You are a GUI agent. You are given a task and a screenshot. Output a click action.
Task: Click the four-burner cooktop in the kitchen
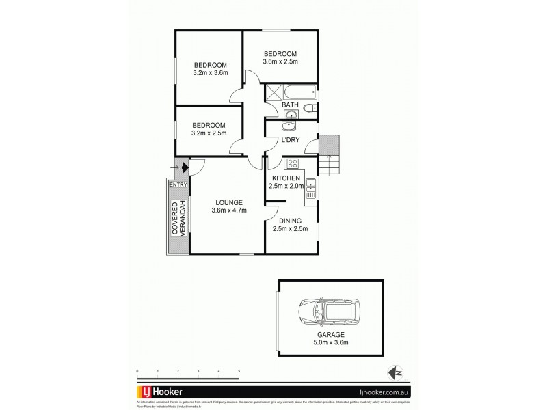coord(292,164)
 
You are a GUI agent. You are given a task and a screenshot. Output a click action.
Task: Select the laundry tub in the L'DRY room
coord(290,124)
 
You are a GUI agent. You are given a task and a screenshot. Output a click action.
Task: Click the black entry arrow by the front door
coord(185,166)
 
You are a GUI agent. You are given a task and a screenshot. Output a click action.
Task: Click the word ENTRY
coord(177,184)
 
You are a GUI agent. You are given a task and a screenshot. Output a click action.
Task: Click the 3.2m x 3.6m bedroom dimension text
coord(211,73)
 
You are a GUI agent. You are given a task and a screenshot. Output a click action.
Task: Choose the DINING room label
coord(291,220)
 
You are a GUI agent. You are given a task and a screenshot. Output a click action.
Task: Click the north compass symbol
coord(395,372)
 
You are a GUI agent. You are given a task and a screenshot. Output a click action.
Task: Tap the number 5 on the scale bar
coord(239,371)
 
